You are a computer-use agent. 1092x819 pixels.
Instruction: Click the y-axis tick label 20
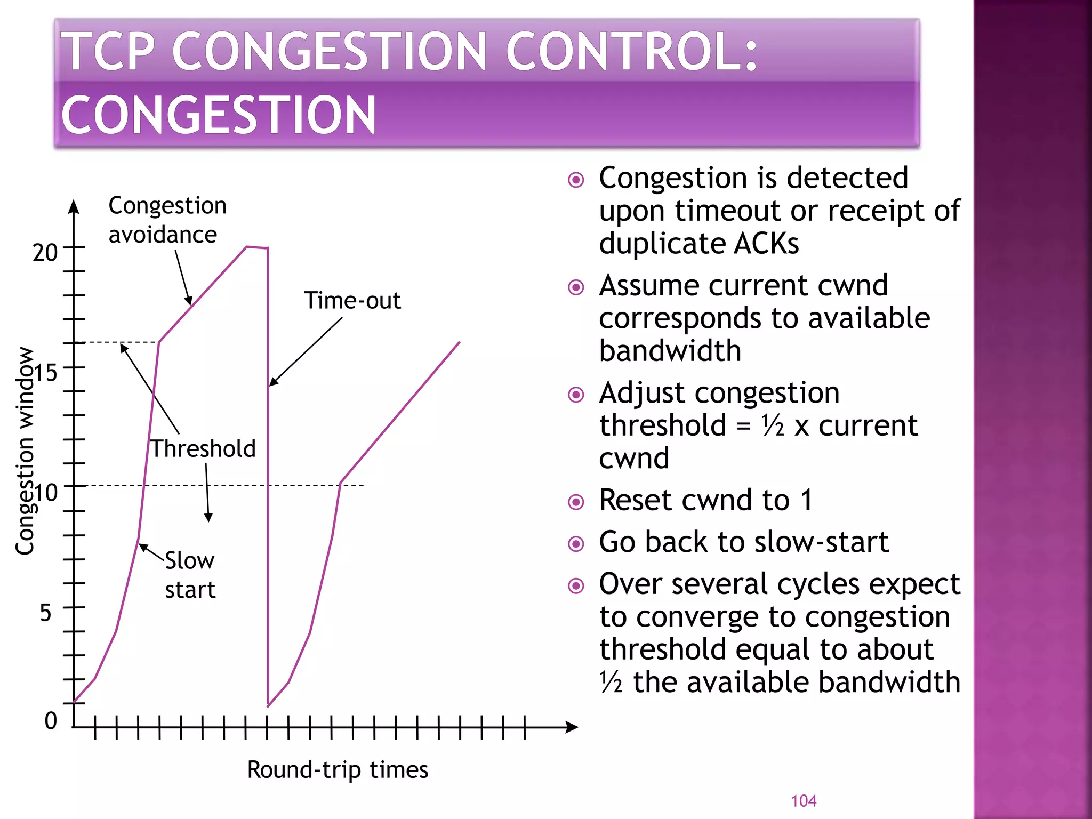45,253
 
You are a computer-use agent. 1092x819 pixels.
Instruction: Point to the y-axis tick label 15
46,373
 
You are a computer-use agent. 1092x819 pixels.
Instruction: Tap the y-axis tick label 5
46,613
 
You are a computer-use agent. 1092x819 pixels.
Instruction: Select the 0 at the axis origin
51,721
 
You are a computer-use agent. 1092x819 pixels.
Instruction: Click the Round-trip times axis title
338,770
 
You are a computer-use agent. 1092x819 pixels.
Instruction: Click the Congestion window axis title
25,451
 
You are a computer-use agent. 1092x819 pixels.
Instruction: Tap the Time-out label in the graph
352,301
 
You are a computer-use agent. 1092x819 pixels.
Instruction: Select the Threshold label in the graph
203,448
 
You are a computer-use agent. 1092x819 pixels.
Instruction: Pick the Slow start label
190,575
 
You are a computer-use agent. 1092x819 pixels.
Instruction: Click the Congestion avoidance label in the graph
167,220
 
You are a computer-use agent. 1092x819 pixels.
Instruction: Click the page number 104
804,801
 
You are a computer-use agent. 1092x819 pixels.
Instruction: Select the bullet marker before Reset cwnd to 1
576,502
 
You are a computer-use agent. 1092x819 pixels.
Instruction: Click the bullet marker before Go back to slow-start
576,544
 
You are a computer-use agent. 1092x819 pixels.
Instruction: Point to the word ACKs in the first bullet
766,244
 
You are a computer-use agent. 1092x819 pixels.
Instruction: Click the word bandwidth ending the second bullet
670,351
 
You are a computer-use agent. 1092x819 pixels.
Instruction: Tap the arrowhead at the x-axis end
572,727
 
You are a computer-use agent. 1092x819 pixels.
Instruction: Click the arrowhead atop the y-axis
74,207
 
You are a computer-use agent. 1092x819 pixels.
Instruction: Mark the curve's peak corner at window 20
247,247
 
